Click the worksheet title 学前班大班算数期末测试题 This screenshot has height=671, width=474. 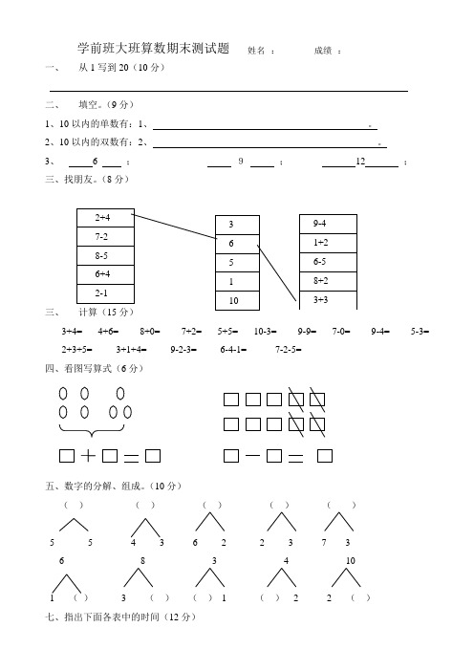coord(153,49)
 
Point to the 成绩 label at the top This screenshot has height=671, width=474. coord(325,51)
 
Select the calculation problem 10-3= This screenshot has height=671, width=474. coord(267,332)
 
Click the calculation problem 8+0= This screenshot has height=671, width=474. coord(151,332)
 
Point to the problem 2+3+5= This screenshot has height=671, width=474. coord(77,350)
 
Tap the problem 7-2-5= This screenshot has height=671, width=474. coord(289,350)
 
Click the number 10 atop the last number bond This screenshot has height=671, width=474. coord(351,560)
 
